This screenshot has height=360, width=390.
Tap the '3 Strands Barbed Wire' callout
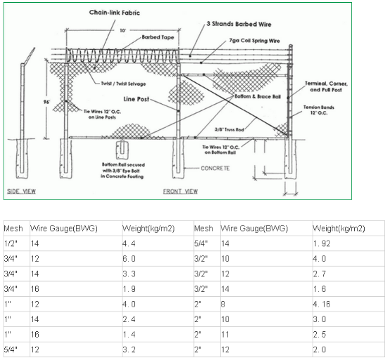233,25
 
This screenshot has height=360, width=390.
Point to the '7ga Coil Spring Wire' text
251,41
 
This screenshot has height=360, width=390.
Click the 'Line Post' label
139,99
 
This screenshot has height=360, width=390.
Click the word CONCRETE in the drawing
216,169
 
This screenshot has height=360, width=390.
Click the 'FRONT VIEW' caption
181,191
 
